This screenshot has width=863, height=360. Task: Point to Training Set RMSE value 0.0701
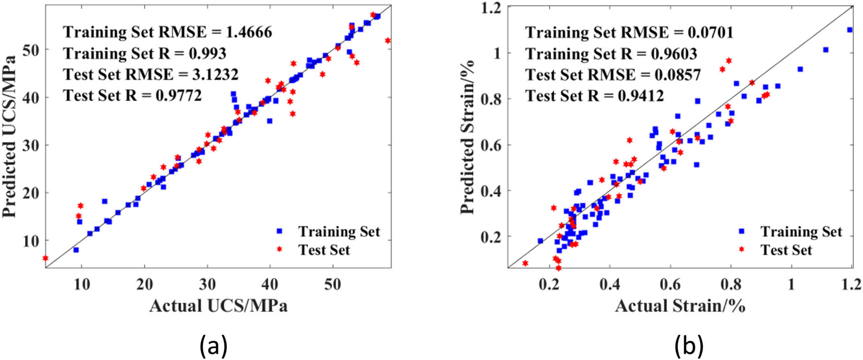click(711, 32)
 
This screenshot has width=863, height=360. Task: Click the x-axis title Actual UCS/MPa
click(218, 306)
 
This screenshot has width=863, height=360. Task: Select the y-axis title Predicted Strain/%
click(467, 137)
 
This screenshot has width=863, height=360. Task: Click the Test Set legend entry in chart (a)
click(324, 250)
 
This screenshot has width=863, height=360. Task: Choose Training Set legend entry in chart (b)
click(801, 231)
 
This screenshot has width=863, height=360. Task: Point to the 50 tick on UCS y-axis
click(35, 50)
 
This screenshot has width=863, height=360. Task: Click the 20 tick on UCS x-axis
click(144, 284)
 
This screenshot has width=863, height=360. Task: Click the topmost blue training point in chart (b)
click(849, 30)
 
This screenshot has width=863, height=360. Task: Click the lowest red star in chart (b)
click(558, 268)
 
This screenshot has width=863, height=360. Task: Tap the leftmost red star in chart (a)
click(46, 258)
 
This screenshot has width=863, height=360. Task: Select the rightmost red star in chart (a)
click(388, 40)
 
